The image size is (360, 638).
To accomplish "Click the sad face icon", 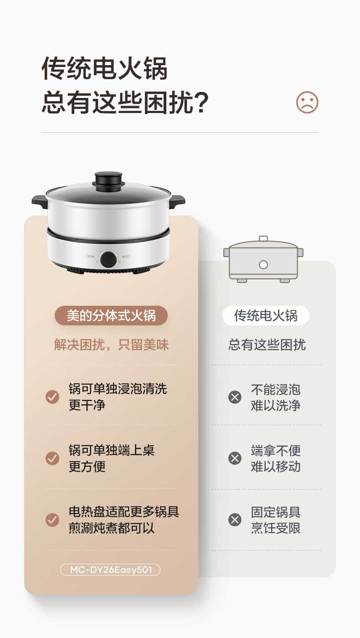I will pyautogui.click(x=307, y=103).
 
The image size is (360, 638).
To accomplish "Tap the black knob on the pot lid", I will pyautogui.click(x=108, y=179).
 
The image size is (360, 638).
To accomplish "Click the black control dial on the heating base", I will pyautogui.click(x=108, y=259).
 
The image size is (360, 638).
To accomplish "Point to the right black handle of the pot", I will pyautogui.click(x=177, y=201).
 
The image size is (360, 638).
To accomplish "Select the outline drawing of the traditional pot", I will pyautogui.click(x=263, y=259).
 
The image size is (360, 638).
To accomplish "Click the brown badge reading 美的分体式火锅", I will pyautogui.click(x=111, y=315).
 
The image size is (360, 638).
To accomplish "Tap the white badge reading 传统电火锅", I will pyautogui.click(x=266, y=315).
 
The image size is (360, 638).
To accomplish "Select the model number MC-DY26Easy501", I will pyautogui.click(x=110, y=570).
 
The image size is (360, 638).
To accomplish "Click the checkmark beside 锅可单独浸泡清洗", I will pyautogui.click(x=52, y=397).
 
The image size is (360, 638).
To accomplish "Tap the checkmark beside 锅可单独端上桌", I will pyautogui.click(x=52, y=458).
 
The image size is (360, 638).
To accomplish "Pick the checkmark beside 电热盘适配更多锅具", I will pyautogui.click(x=52, y=520).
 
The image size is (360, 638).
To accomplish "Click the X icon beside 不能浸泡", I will pyautogui.click(x=235, y=397).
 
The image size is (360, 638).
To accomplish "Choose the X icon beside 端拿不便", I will pyautogui.click(x=235, y=458).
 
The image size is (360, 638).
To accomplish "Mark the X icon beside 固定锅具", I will pyautogui.click(x=235, y=520).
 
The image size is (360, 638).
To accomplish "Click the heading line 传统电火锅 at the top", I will pyautogui.click(x=104, y=69).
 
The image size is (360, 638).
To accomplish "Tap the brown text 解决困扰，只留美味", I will pyautogui.click(x=111, y=345).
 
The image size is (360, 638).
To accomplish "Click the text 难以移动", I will pyautogui.click(x=275, y=467).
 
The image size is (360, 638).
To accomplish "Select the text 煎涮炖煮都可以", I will pyautogui.click(x=112, y=528).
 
